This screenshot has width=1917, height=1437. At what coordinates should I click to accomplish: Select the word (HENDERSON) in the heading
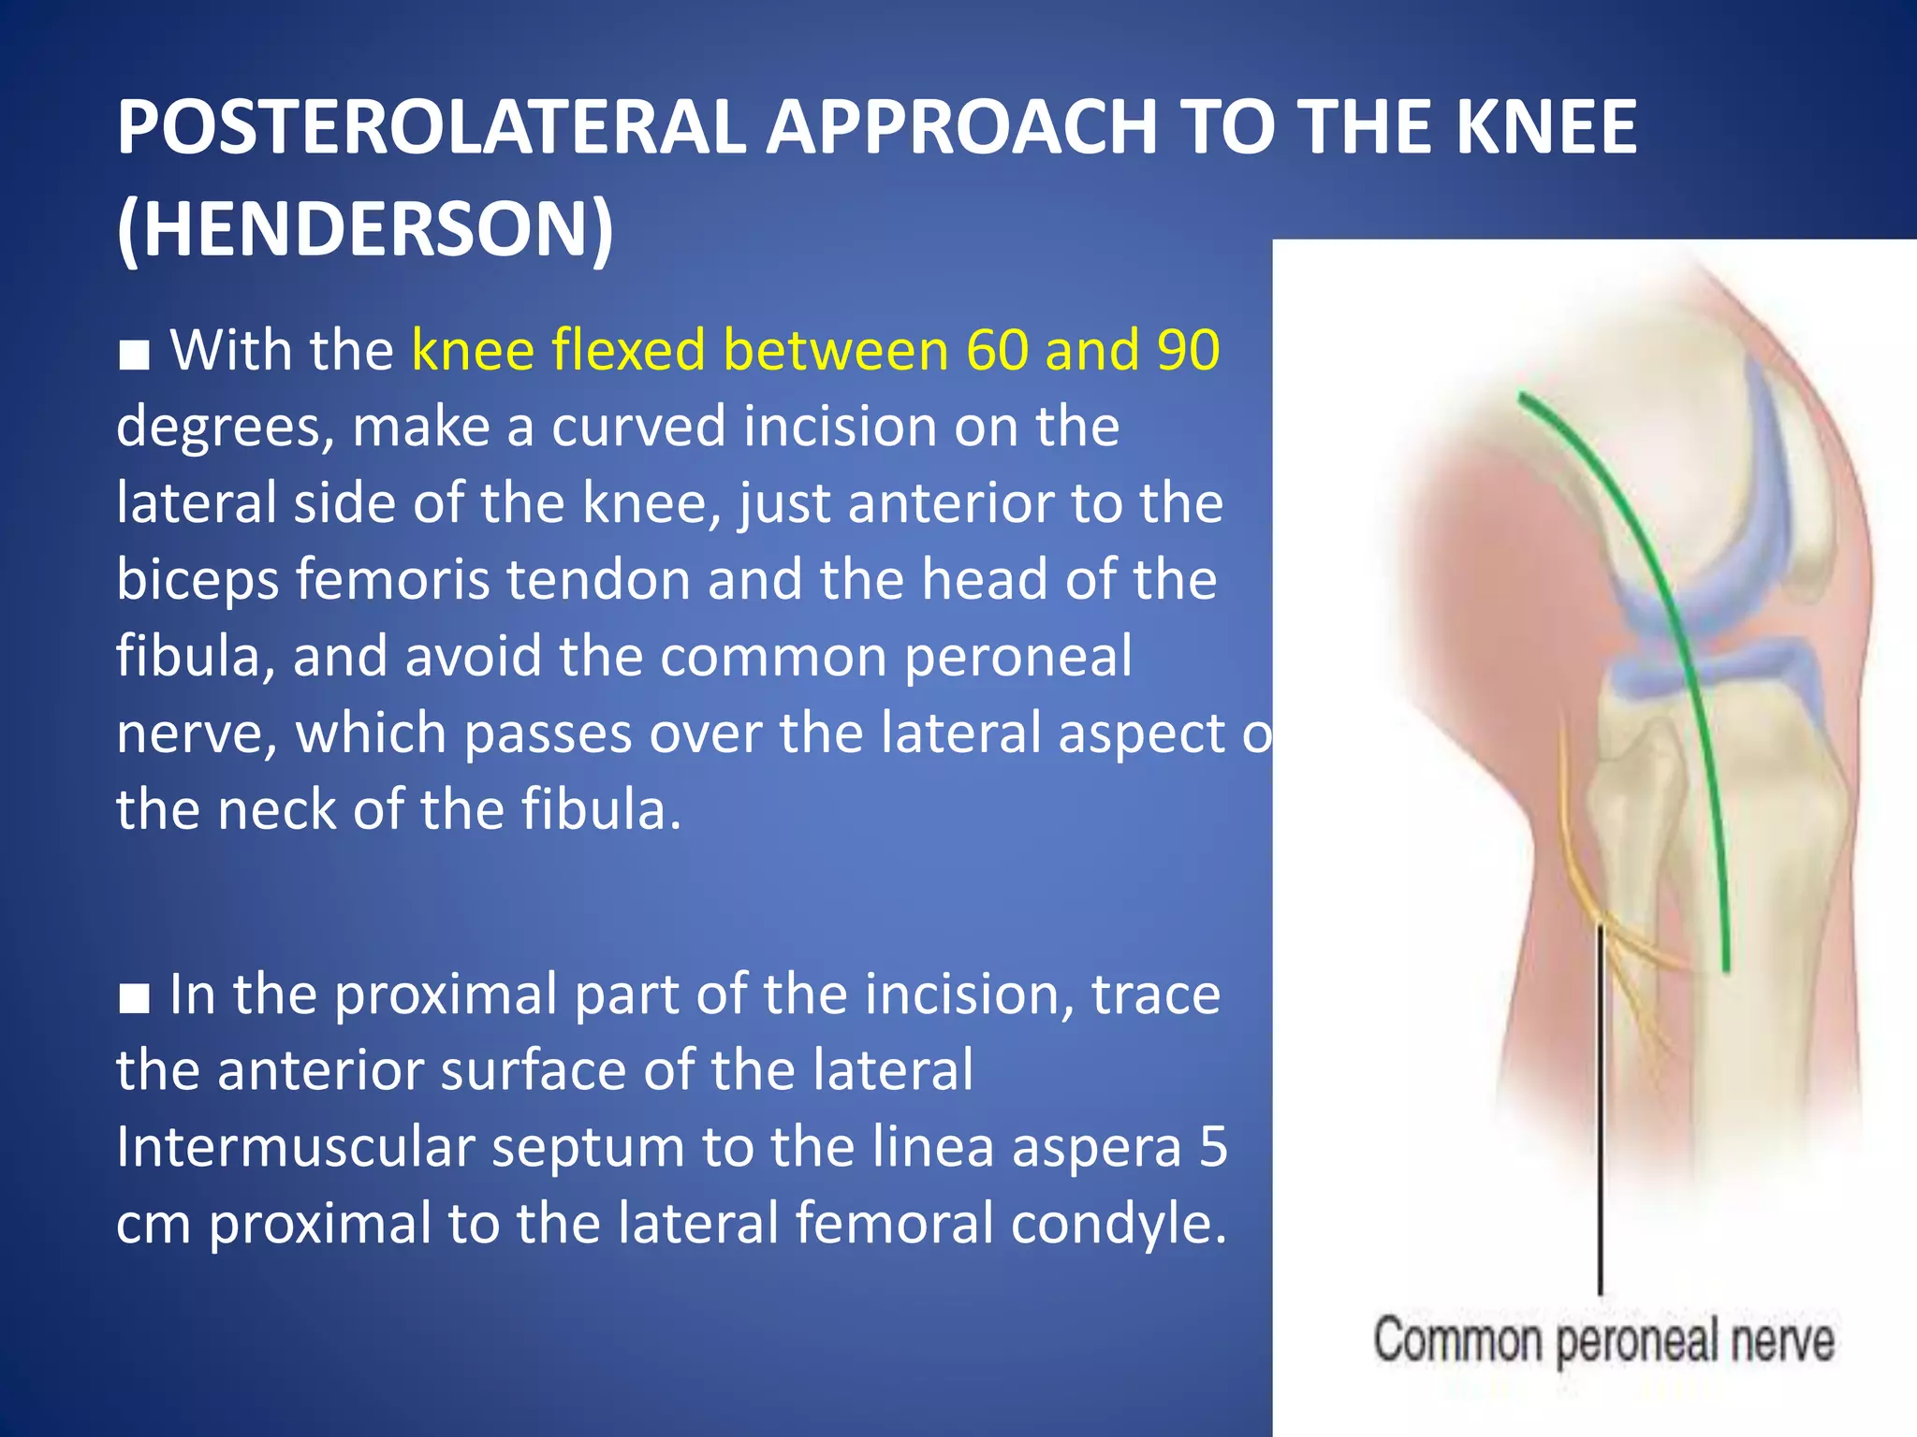click(x=365, y=229)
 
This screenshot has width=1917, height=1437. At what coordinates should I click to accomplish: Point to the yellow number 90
click(x=1188, y=350)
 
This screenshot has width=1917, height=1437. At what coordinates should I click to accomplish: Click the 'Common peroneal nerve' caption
click(x=1602, y=1340)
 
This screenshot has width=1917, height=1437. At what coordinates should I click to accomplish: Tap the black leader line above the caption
click(x=1600, y=1123)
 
